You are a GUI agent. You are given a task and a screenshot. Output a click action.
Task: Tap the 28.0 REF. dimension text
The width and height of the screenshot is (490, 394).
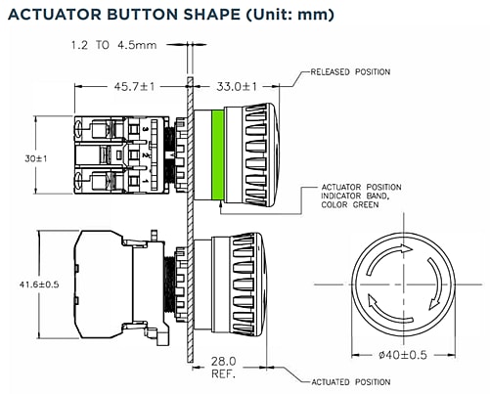click(222, 367)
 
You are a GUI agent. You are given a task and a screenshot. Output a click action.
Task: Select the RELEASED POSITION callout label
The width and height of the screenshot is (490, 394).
click(350, 71)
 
